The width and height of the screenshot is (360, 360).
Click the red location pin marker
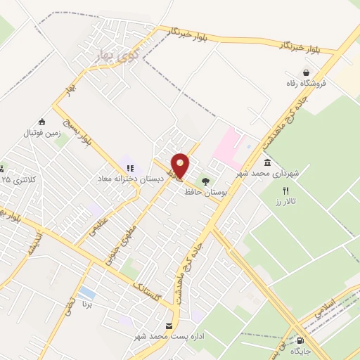(x=181, y=166)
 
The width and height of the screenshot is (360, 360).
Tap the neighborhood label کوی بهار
(x=114, y=56)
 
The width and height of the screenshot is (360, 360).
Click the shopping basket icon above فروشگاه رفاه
(x=307, y=72)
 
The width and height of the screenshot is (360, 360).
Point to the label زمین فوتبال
(x=44, y=132)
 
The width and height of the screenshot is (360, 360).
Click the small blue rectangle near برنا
(x=87, y=291)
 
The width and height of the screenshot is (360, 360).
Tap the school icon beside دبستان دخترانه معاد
(x=130, y=168)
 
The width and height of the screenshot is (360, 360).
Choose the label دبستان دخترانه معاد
(x=131, y=179)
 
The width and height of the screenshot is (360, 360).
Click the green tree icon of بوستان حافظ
(x=205, y=181)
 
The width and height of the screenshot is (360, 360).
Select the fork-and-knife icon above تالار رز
(x=285, y=191)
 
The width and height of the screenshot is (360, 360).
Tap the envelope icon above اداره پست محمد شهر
(x=169, y=326)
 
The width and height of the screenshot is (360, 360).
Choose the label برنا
(x=87, y=305)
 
